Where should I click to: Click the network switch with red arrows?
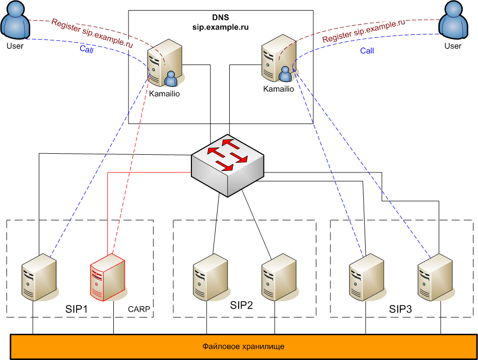coord(228,164)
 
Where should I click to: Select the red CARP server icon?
coord(107,280)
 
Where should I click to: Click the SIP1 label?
coord(77,308)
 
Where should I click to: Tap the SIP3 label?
coord(400,309)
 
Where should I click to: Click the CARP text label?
coord(139,309)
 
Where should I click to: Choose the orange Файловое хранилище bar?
coord(243,346)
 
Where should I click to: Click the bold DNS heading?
coord(221,17)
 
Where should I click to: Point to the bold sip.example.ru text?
coord(221,26)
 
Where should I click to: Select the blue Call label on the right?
coord(367,50)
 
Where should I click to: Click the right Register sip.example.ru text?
coord(364,32)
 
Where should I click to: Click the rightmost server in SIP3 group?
coord(435,279)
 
